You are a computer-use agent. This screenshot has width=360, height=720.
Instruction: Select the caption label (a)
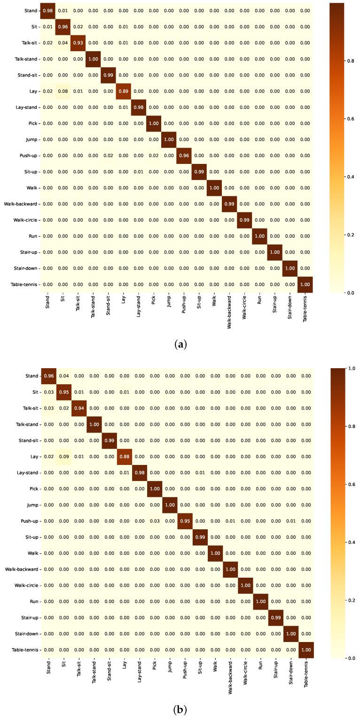coord(180,345)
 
